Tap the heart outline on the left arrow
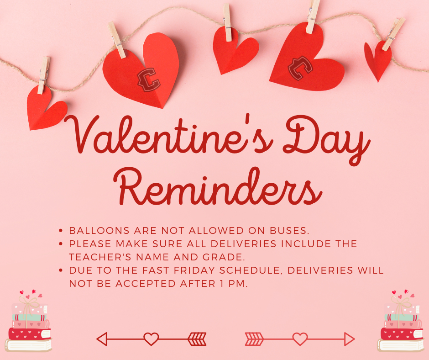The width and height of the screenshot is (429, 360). coord(151,339)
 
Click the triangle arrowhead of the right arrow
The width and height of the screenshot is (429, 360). coord(350,339)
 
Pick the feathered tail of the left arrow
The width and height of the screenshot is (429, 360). coord(197,339)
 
